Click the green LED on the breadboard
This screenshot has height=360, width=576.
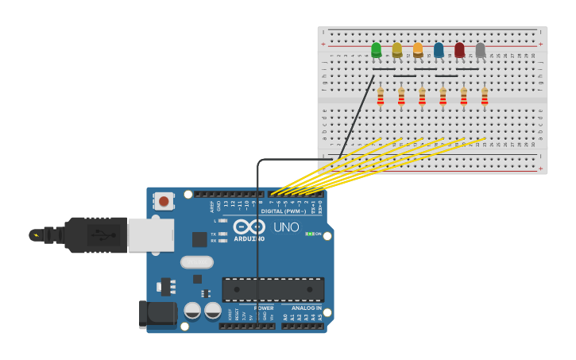click(x=376, y=50)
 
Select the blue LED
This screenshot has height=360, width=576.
click(x=439, y=50)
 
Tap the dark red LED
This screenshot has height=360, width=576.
click(x=459, y=50)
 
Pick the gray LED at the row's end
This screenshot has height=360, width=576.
click(x=480, y=50)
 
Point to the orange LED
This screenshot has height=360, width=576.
click(x=418, y=50)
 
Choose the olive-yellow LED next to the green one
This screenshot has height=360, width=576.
click(x=397, y=50)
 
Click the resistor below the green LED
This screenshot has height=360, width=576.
click(x=381, y=96)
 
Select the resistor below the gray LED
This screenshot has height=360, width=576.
click(x=485, y=96)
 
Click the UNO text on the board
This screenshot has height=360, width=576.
click(x=286, y=227)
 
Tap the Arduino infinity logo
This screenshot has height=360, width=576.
click(x=249, y=226)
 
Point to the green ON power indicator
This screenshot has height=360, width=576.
click(x=310, y=234)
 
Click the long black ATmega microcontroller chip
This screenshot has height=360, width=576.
click(x=273, y=289)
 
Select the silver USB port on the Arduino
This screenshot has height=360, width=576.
click(x=150, y=235)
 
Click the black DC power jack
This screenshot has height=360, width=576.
click(x=157, y=315)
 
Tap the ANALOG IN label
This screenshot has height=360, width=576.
click(x=306, y=308)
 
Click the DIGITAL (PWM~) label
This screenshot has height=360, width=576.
click(x=282, y=211)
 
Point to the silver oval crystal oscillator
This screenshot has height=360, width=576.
click(x=196, y=261)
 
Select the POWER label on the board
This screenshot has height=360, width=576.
click(x=264, y=308)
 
